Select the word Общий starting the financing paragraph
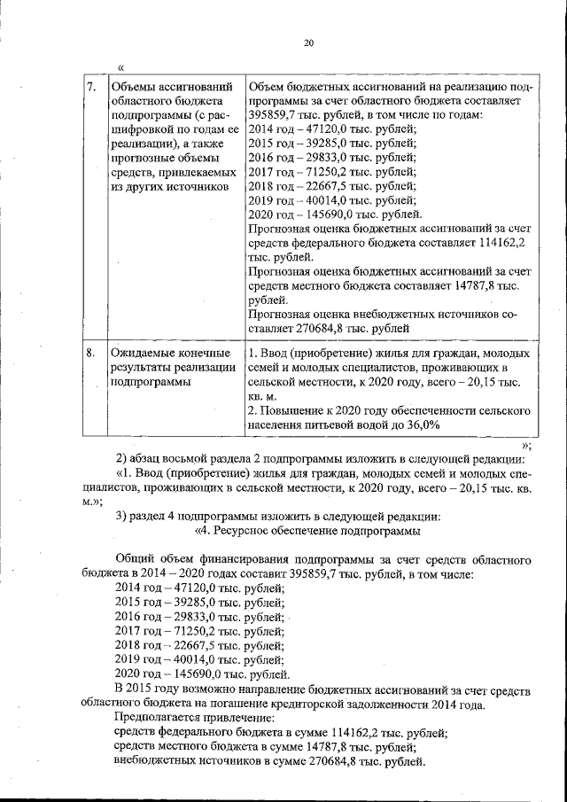click(136, 560)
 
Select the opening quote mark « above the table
click(120, 67)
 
